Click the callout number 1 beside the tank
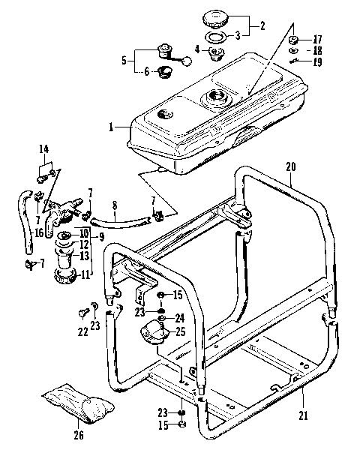click(x=110, y=127)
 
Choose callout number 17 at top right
click(x=317, y=38)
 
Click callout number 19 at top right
click(x=317, y=62)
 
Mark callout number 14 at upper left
click(x=42, y=149)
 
